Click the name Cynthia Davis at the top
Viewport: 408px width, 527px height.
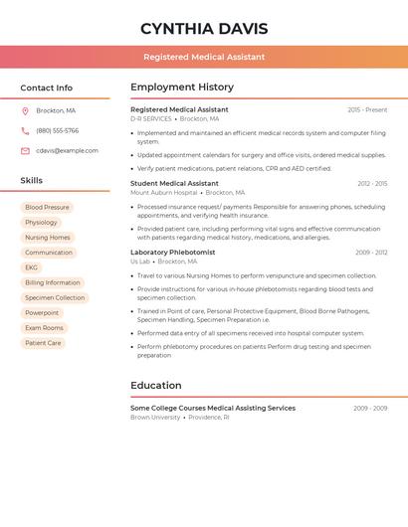(203, 29)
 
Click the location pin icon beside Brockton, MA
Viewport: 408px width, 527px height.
(25, 110)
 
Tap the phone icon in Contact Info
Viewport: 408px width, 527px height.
(25, 130)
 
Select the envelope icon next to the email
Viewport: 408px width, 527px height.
(25, 151)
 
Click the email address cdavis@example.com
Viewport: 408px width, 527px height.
(67, 151)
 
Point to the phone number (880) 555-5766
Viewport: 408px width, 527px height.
(57, 130)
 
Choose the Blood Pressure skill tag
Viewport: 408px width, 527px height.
(47, 208)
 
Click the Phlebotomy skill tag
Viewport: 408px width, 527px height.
(41, 223)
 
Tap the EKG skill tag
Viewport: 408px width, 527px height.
(31, 267)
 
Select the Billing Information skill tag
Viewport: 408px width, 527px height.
(52, 282)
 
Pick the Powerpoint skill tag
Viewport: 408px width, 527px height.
(42, 312)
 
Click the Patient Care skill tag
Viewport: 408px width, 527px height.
(43, 343)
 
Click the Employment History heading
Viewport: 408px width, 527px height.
(182, 88)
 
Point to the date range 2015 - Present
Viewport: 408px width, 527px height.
(367, 109)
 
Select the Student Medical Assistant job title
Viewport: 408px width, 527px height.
(174, 183)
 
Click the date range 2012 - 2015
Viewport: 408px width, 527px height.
(372, 184)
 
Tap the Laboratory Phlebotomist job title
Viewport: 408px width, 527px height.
(172, 253)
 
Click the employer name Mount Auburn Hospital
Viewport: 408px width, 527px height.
(163, 193)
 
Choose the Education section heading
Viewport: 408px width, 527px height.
(156, 386)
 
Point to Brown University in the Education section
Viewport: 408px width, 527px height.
(155, 418)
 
